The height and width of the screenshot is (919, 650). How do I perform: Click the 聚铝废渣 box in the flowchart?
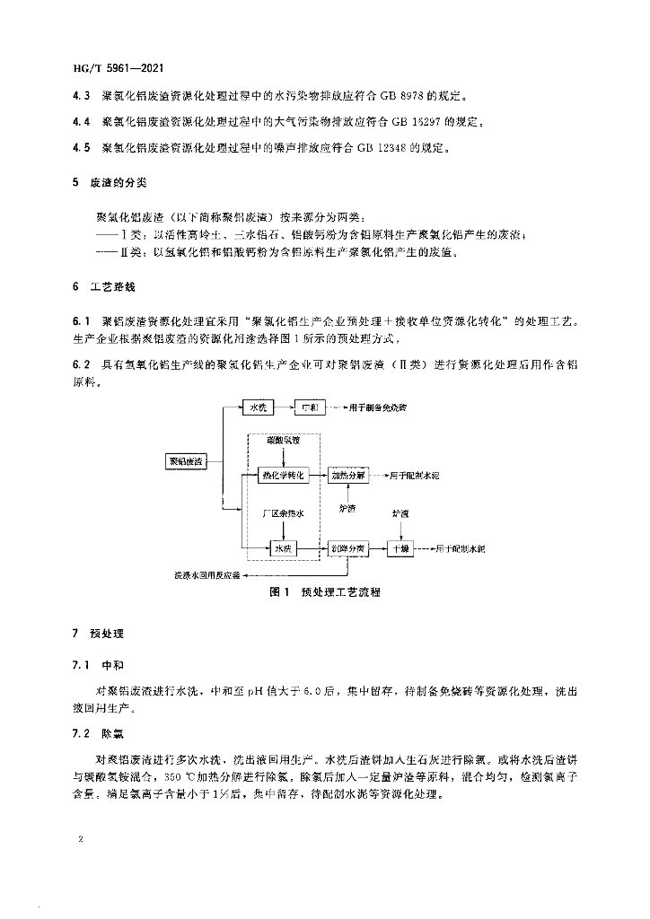(184, 460)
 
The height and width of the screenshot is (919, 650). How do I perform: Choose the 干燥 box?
(400, 547)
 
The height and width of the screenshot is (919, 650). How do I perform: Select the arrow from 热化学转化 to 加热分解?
(319, 474)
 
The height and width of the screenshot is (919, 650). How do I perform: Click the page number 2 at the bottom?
(81, 840)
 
